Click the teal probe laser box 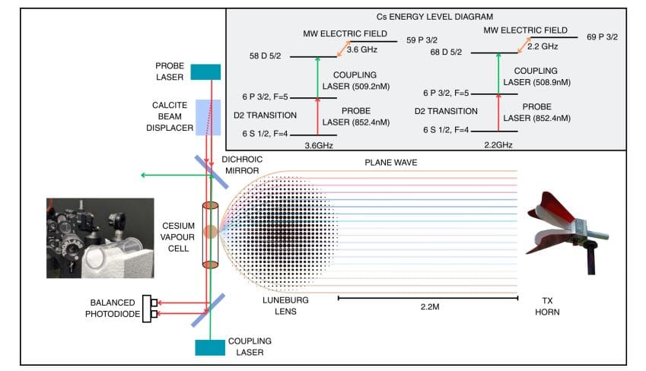pyautogui.click(x=205, y=72)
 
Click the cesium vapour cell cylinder pyautogui.click(x=210, y=233)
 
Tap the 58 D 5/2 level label pyautogui.click(x=266, y=57)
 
